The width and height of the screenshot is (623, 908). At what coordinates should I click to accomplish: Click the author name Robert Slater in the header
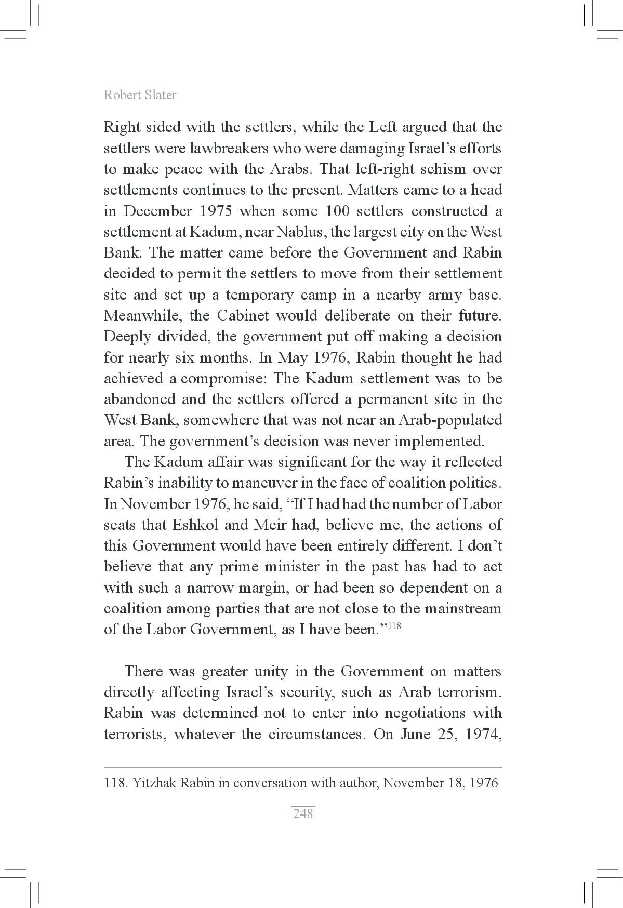click(140, 95)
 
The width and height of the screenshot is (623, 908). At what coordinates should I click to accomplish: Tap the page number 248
click(303, 813)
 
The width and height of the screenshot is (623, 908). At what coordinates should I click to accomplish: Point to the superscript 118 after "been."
click(394, 625)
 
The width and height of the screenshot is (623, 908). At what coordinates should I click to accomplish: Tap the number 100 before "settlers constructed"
click(339, 211)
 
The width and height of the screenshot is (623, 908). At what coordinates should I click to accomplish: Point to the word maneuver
click(264, 483)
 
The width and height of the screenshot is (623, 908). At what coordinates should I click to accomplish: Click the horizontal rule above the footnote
click(303, 767)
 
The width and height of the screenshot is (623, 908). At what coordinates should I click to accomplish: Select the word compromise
click(223, 379)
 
